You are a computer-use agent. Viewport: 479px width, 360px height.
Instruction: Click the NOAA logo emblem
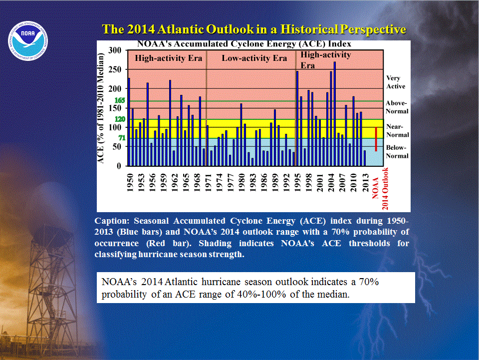tap(28, 40)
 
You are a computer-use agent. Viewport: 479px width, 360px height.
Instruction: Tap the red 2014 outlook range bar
tap(376, 139)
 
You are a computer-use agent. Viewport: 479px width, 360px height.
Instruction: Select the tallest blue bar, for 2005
tap(334, 114)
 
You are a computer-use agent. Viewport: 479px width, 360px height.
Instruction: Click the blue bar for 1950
tap(129, 122)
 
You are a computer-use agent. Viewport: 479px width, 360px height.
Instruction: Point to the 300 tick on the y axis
tap(115, 50)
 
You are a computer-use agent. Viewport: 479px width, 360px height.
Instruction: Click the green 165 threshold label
tap(120, 100)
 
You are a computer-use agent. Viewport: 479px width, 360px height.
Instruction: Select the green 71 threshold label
tap(122, 138)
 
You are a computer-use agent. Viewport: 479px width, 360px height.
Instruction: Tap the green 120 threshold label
tap(120, 119)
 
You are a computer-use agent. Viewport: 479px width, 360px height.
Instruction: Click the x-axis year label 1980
tap(241, 182)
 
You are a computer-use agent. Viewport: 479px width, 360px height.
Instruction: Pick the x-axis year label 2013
tap(365, 182)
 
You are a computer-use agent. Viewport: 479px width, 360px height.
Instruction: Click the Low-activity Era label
tap(254, 58)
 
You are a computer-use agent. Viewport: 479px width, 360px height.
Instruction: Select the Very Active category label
tap(396, 82)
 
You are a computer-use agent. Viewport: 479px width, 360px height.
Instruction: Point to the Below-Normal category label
tap(397, 152)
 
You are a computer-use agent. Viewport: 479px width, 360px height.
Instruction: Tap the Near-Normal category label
tap(398, 130)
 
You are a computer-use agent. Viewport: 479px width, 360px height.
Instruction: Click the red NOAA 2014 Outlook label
tap(380, 189)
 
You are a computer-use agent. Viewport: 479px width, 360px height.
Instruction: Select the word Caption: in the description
tap(112, 221)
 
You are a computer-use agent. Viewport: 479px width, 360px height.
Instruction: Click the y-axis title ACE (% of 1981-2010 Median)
tap(100, 108)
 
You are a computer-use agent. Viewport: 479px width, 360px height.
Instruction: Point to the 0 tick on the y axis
tap(119, 166)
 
